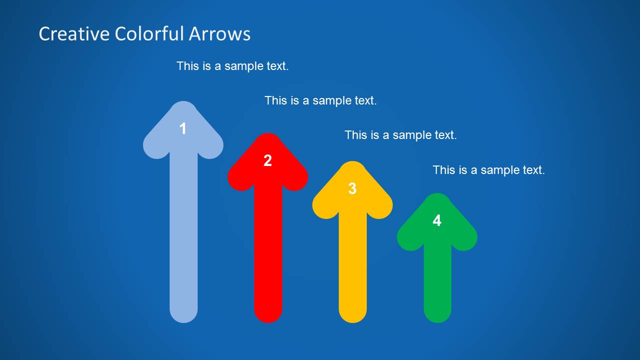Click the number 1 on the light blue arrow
point(183,129)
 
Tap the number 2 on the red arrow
point(268,161)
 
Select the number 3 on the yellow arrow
point(352,189)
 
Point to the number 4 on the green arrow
point(437,221)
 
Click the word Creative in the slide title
point(74,34)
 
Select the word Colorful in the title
point(149,34)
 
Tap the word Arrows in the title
point(220,34)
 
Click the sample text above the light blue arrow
point(233,66)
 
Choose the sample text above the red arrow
point(321,100)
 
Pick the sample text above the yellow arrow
point(401,135)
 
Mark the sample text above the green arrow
point(489,170)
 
